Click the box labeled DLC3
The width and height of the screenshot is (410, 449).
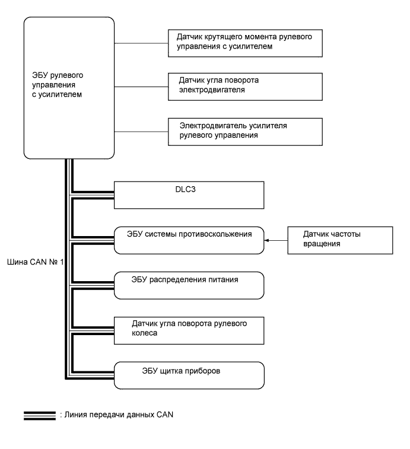click(187, 195)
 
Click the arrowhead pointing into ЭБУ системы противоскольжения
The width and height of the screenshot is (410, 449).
click(266, 240)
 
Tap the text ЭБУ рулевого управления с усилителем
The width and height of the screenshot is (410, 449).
click(57, 85)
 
